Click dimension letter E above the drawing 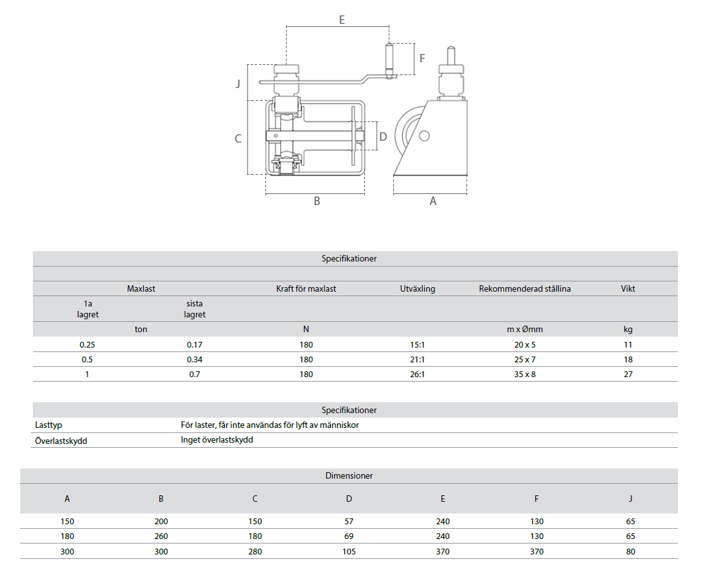click(x=342, y=20)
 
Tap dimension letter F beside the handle click(x=422, y=58)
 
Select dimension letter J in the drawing click(x=238, y=83)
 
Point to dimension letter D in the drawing click(x=383, y=136)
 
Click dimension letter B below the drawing click(x=317, y=201)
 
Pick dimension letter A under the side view click(x=433, y=201)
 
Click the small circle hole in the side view click(x=424, y=136)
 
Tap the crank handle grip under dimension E click(x=389, y=61)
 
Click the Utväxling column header click(x=418, y=289)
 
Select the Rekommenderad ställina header click(x=525, y=289)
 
